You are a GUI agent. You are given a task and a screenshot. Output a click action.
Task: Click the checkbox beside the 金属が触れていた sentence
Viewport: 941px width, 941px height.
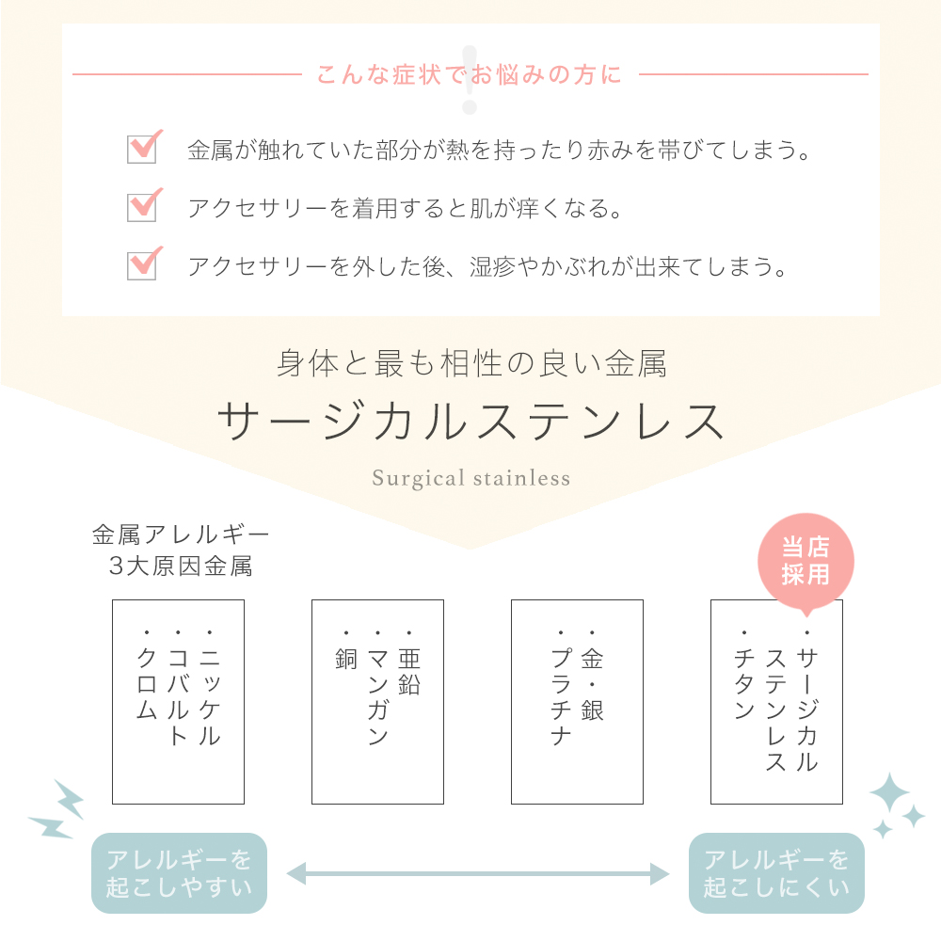click(x=142, y=149)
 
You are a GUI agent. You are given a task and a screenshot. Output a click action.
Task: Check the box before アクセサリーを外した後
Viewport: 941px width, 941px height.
click(x=142, y=265)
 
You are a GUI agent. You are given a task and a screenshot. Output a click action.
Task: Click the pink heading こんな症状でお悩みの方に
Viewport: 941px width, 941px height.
click(x=470, y=75)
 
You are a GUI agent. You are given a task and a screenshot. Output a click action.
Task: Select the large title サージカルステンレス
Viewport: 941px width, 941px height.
click(x=470, y=422)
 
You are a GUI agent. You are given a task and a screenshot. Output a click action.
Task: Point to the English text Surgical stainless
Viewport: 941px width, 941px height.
click(x=471, y=478)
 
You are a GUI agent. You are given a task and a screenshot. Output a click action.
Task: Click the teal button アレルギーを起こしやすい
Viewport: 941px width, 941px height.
click(x=179, y=873)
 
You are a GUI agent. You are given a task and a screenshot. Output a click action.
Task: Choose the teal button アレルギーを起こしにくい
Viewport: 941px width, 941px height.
click(x=776, y=873)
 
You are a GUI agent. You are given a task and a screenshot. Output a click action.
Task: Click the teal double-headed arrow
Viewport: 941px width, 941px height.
click(x=478, y=874)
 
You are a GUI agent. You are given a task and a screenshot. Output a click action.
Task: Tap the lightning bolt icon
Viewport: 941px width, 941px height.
click(x=57, y=810)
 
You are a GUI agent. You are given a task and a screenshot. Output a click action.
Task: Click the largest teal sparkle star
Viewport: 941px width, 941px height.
click(x=890, y=794)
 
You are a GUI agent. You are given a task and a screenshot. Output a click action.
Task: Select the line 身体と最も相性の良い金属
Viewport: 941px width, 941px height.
click(x=471, y=364)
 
